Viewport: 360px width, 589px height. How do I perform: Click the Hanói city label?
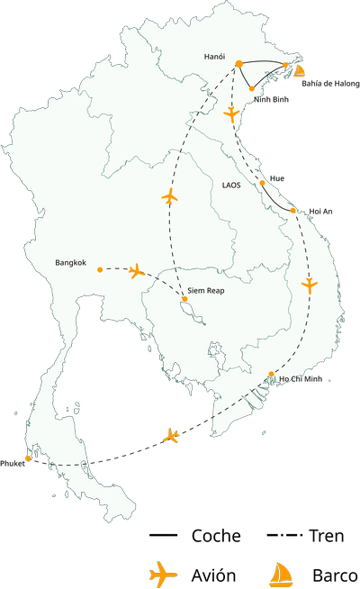point(214,57)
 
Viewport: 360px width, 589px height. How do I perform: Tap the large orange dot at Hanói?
point(239,63)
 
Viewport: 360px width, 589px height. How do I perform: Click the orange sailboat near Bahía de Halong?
point(298,69)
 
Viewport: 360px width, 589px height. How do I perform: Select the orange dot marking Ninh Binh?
point(250,88)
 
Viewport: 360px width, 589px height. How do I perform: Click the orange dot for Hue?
point(262,183)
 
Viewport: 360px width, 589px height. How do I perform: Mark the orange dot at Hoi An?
point(294,211)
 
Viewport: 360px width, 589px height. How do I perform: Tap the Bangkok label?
point(70,263)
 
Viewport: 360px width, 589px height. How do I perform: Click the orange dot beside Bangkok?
point(100,269)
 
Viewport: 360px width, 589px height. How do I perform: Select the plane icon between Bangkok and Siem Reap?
point(137,270)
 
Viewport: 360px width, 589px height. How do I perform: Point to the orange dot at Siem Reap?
point(184,299)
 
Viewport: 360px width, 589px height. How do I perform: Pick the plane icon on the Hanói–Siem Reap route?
point(169,195)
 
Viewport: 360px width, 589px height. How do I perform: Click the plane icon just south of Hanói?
point(232,114)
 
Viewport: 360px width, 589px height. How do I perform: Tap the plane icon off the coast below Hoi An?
point(310,285)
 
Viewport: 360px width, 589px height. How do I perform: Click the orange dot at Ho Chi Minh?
point(271,374)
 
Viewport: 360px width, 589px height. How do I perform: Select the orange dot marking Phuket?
point(29,458)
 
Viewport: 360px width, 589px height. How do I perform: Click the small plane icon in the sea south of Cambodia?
point(171,436)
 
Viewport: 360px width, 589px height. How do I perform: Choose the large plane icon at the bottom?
point(163,573)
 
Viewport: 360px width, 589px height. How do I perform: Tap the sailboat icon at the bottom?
point(282,574)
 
